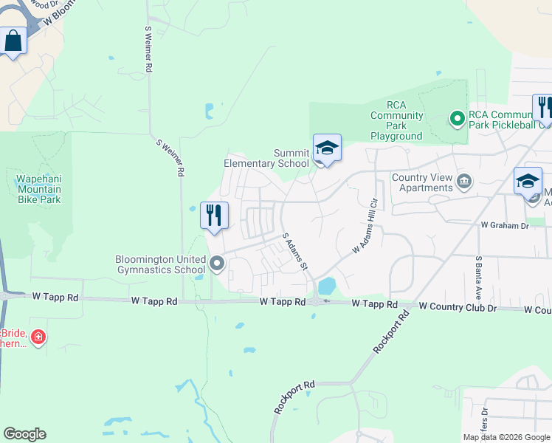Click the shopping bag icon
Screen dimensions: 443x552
point(14,41)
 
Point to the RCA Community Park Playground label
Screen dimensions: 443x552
point(396,120)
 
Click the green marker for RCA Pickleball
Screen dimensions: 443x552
point(457,117)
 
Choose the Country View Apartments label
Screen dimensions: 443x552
point(422,182)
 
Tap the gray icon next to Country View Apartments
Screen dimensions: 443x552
point(465,181)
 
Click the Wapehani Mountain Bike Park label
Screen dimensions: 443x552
point(38,189)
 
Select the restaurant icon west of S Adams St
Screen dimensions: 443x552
point(214,216)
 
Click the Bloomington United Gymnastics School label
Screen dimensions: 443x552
point(159,264)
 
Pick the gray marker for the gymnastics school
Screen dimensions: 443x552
point(217,264)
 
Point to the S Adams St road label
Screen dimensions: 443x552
point(294,252)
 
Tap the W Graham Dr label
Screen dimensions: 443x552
point(505,224)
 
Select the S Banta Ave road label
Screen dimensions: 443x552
point(479,272)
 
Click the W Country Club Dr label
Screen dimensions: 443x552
point(452,306)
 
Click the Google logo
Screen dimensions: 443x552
point(25,434)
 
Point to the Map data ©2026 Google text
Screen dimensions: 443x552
point(506,437)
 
